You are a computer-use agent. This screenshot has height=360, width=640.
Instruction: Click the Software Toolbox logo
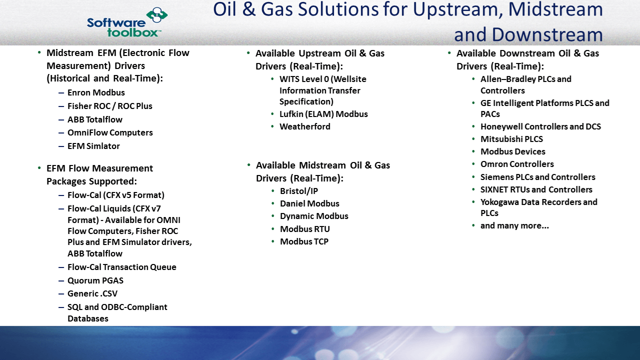(127, 22)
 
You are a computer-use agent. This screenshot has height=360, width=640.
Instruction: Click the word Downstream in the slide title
(547, 34)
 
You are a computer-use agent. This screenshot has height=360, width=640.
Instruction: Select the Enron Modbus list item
(96, 92)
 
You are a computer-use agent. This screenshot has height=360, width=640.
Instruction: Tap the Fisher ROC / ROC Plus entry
(109, 106)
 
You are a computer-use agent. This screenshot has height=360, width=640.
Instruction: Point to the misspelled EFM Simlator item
(93, 146)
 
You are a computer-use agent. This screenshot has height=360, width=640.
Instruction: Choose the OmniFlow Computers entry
(110, 132)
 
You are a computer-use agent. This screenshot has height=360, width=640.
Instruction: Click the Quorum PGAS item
(95, 280)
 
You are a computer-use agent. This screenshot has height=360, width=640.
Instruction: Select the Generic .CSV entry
(92, 293)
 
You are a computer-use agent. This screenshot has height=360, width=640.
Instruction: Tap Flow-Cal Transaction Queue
(121, 267)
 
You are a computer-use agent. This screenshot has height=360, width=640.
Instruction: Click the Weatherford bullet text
(305, 126)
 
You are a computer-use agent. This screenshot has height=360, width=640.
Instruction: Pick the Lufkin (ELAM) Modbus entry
(323, 114)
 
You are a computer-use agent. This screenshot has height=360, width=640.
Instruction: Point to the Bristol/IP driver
(299, 191)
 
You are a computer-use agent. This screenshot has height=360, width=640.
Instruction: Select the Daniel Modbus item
(309, 203)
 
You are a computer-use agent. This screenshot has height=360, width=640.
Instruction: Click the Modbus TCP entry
(304, 241)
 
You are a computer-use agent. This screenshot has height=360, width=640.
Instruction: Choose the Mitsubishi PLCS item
(511, 139)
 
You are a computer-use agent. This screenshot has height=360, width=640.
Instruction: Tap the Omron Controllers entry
(517, 164)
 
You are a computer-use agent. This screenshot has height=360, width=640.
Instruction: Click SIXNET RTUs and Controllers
(536, 189)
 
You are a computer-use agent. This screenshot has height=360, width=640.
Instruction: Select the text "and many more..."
(514, 225)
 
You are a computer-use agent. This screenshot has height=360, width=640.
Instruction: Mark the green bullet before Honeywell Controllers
(473, 126)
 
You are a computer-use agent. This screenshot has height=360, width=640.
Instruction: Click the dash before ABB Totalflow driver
(61, 119)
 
